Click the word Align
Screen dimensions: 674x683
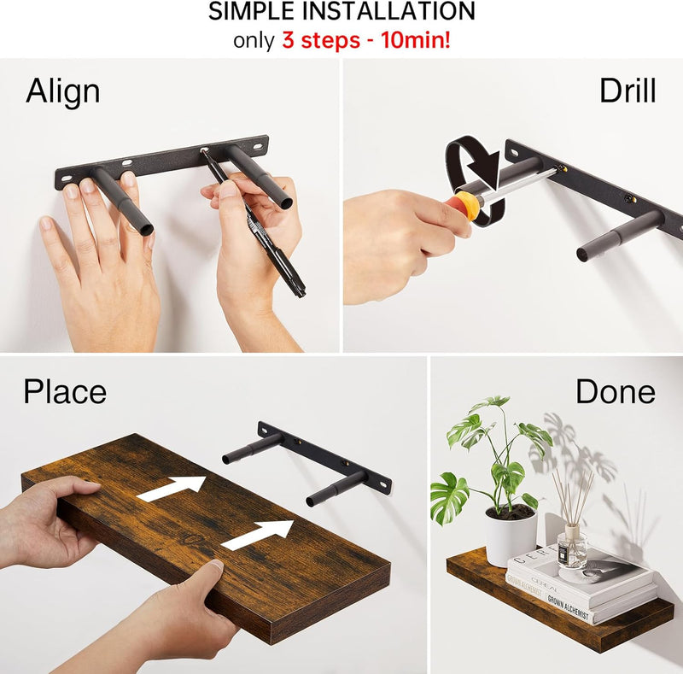[x=62, y=91]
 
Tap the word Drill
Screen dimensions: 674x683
[x=627, y=91]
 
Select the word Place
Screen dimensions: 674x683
[x=65, y=392]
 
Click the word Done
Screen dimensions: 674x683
[x=615, y=392]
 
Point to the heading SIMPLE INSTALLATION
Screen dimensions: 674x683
[x=341, y=12]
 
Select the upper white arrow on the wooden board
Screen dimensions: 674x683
[x=173, y=488]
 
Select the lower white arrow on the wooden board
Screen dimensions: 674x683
[x=258, y=534]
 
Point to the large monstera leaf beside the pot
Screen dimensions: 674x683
[x=449, y=498]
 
